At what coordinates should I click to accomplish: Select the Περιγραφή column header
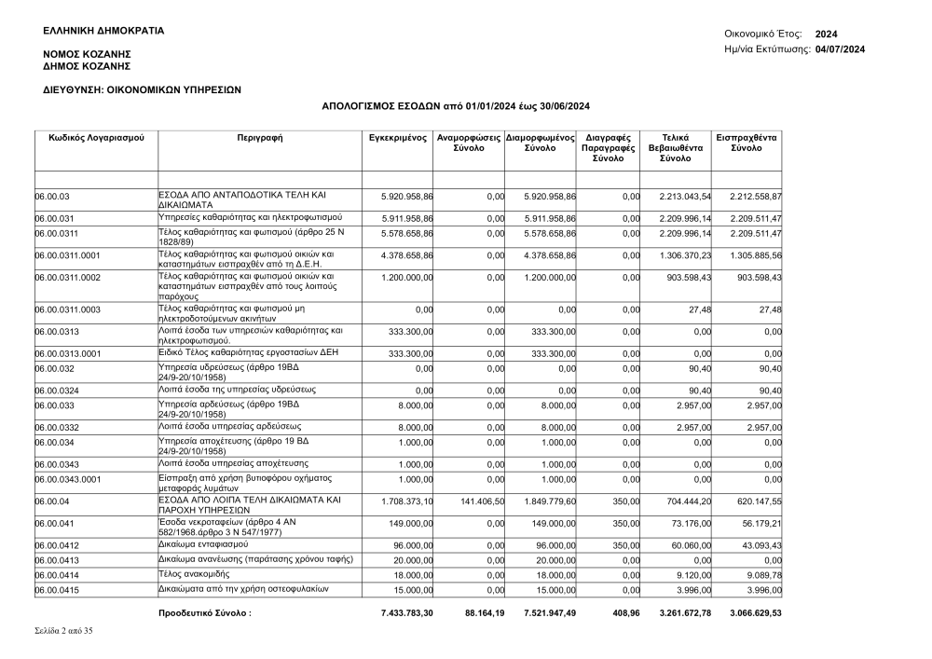pyautogui.click(x=260, y=138)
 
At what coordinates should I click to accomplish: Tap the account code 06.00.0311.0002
pyautogui.click(x=67, y=277)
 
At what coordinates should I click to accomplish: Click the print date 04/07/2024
pyautogui.click(x=841, y=48)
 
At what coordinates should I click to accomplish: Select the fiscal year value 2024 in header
pyautogui.click(x=826, y=34)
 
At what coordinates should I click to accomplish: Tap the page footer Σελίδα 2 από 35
pyautogui.click(x=62, y=631)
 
